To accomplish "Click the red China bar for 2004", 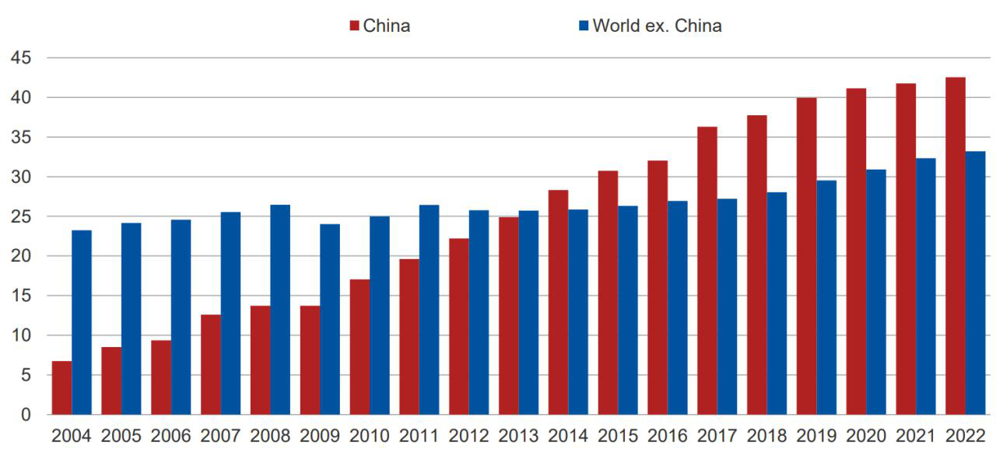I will click(61, 388).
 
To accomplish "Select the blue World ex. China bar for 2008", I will click(280, 310).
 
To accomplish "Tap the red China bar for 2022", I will click(956, 246).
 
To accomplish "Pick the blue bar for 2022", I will click(976, 283).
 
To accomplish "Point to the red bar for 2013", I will click(509, 315).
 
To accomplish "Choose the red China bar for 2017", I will click(707, 270).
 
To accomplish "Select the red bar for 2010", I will click(359, 346).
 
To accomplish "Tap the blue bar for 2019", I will click(826, 297).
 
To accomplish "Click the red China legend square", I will click(355, 26).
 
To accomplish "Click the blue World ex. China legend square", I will click(584, 26).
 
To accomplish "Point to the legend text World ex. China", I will click(657, 26).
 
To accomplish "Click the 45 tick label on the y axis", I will click(21, 58).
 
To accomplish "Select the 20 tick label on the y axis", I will click(21, 256).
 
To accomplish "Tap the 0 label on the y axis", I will click(26, 415).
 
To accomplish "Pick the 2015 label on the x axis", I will click(618, 436).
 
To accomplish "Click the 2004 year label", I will click(72, 436).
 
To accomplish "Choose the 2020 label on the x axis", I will click(866, 436).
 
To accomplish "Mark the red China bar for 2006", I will click(161, 377).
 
